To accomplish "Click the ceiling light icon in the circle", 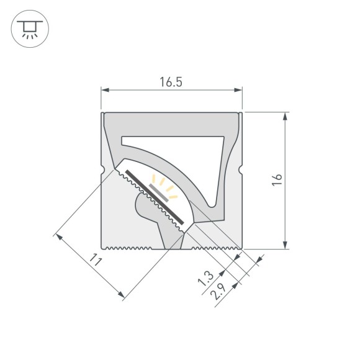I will [x=29, y=29].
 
